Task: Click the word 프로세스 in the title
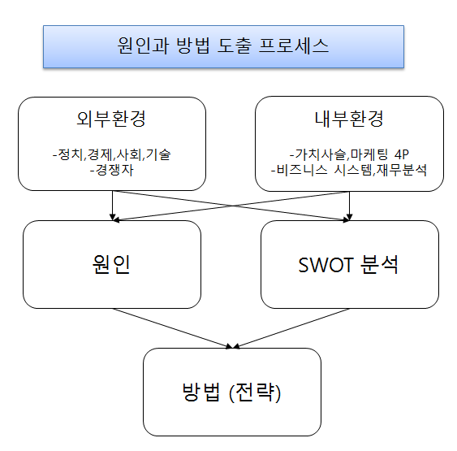coord(294,46)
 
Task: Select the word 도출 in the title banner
coord(234,46)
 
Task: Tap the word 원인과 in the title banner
coord(143,46)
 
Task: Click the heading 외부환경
coord(111,119)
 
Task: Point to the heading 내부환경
coord(349,119)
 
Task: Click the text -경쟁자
coord(112,170)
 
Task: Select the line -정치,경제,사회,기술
coord(112,154)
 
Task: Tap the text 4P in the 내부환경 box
coord(402,154)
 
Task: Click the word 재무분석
coord(402,170)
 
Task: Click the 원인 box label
coord(111,265)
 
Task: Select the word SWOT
coord(326,265)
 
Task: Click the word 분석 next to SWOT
coord(379,265)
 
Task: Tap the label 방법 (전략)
coord(231,392)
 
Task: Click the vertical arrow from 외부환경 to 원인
coord(113,206)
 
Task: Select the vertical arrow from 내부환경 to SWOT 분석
coord(349,206)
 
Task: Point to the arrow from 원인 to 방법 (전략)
coord(173,328)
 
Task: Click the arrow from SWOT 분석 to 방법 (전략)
coord(291,328)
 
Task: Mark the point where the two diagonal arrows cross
coord(232,206)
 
